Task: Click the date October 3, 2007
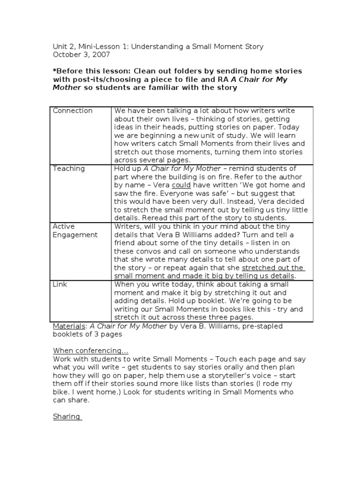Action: pos(81,54)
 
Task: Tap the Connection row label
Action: pos(73,111)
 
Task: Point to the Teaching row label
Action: pos(69,169)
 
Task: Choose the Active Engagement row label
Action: pos(75,231)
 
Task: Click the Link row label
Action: pos(60,285)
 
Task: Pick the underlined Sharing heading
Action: pos(67,416)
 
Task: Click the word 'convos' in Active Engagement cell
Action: pos(146,251)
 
